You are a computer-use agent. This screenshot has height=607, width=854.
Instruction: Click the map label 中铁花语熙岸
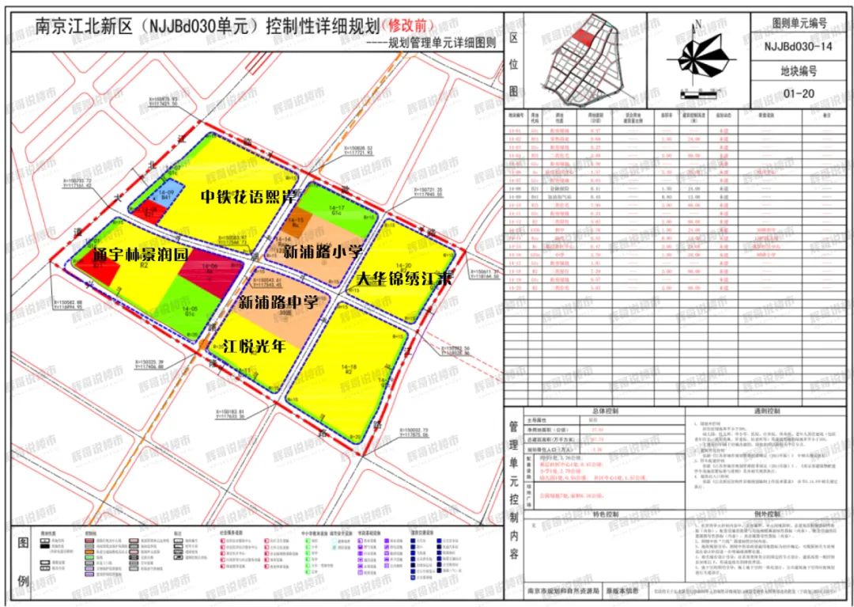248,195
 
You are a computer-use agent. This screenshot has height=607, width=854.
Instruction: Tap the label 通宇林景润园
140,255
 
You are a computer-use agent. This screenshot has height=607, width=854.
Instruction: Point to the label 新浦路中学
277,302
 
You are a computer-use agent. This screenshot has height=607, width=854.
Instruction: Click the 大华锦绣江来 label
404,279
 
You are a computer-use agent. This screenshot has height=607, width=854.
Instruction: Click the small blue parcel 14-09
166,196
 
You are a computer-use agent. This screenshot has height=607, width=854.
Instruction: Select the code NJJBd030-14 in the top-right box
799,47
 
